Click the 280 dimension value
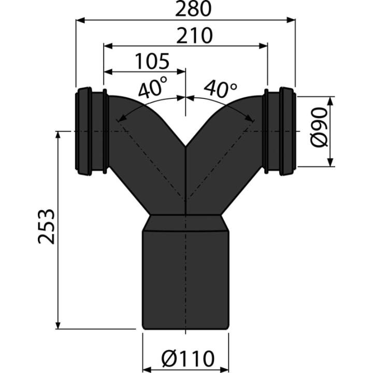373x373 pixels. (193, 9)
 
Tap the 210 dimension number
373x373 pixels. (194, 35)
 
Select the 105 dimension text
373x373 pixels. (152, 61)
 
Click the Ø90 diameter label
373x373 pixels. (319, 127)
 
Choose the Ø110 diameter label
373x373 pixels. (188, 358)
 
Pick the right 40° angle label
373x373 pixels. (221, 90)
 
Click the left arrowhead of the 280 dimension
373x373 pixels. (80, 20)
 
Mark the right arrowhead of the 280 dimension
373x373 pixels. (291, 20)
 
